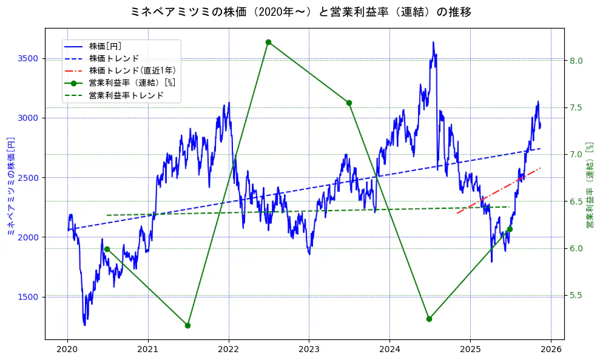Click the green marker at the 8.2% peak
[x=268, y=42]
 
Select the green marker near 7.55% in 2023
[x=349, y=103]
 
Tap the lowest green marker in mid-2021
[x=187, y=325]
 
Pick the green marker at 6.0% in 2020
[x=107, y=249]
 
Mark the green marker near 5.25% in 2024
[x=429, y=319]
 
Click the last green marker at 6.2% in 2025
[x=510, y=229]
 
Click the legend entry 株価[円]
[x=106, y=46]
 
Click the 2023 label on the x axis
[x=309, y=350]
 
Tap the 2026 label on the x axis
[x=550, y=350]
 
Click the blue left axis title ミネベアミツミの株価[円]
[x=10, y=186]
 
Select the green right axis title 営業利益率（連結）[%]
[x=589, y=186]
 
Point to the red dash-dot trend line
[x=497, y=189]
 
